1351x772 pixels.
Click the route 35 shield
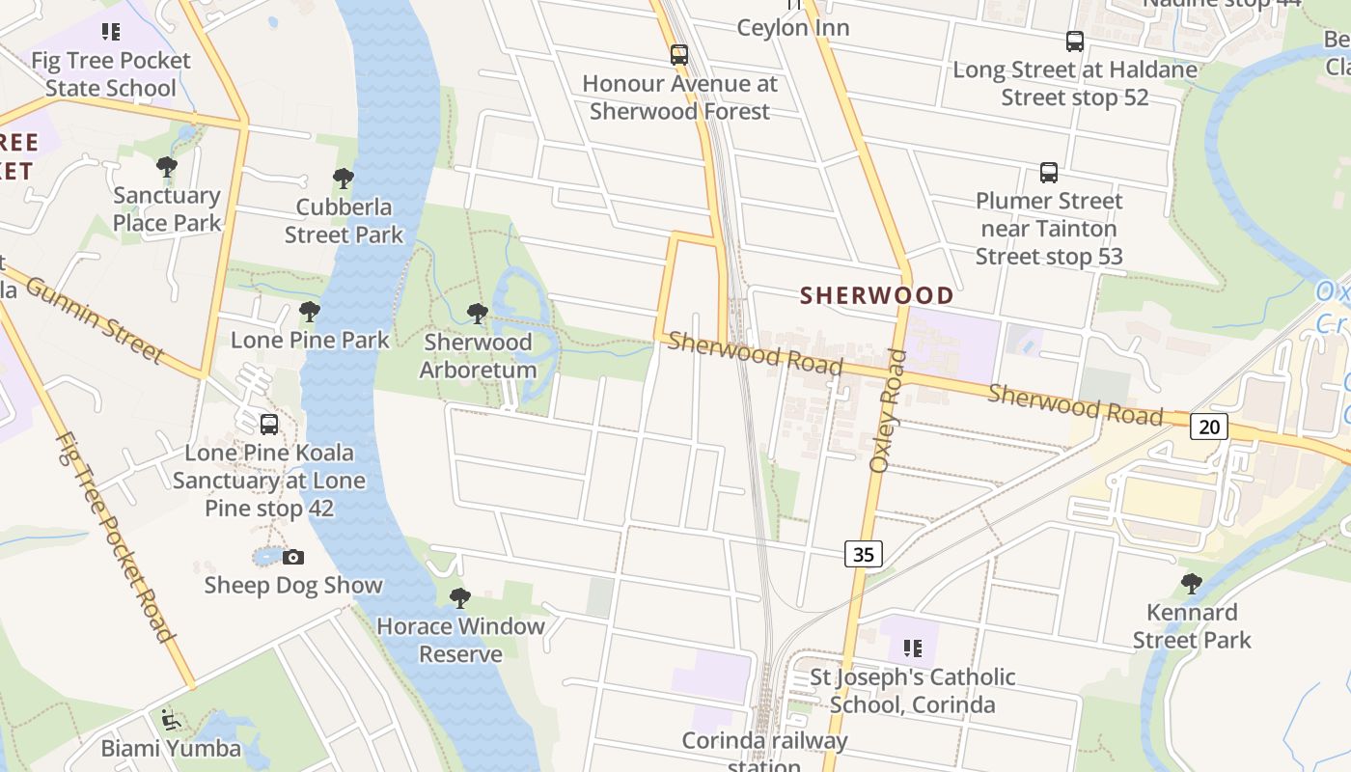864,554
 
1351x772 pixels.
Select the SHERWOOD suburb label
877,295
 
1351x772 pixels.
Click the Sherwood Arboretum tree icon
477,314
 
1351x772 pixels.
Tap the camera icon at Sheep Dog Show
293,557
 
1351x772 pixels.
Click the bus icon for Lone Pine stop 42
269,425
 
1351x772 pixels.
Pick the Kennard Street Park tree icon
1192,584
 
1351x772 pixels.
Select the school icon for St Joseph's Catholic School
912,648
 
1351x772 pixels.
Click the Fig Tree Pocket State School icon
111,32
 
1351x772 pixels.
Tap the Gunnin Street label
94,319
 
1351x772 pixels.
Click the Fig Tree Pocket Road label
114,537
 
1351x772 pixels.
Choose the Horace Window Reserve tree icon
460,598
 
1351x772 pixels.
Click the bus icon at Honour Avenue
679,55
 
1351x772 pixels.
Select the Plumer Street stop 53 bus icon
1049,173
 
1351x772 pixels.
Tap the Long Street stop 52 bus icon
1075,41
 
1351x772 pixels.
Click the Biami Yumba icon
171,720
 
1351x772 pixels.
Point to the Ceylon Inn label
793,28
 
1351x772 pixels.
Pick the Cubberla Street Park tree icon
343,179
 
